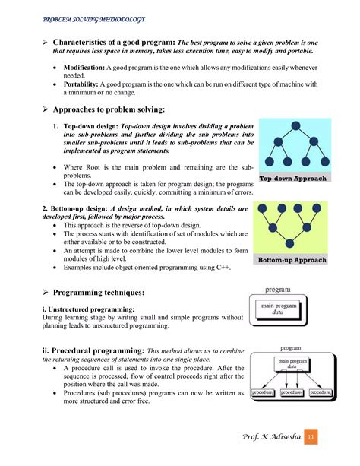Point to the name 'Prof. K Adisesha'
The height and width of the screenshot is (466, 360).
pyautogui.click(x=268, y=439)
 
